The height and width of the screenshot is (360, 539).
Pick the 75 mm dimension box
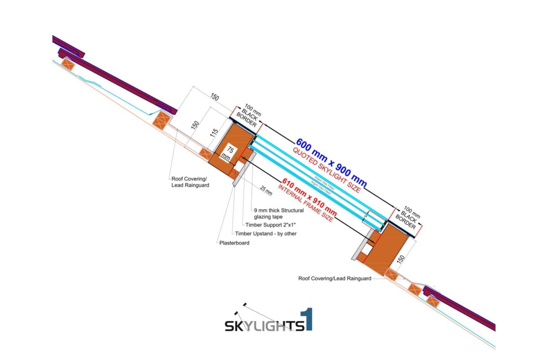pyautogui.click(x=230, y=153)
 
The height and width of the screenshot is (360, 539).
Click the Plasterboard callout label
pyautogui.click(x=234, y=243)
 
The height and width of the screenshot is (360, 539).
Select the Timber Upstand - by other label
pyautogui.click(x=266, y=233)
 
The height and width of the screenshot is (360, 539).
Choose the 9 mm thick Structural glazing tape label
pyautogui.click(x=279, y=213)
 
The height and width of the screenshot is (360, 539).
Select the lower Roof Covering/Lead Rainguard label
pyautogui.click(x=335, y=278)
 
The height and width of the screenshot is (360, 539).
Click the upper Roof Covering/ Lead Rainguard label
pyautogui.click(x=190, y=181)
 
